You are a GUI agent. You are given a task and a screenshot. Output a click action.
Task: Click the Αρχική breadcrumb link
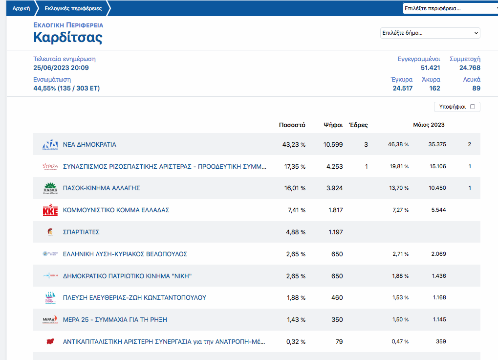pyautogui.click(x=21, y=8)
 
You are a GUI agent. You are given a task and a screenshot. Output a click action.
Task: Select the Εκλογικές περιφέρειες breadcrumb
pyautogui.click(x=72, y=8)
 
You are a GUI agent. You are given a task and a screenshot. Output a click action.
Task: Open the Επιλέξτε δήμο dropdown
pyautogui.click(x=430, y=33)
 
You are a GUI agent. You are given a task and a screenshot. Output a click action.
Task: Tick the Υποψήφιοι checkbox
pyautogui.click(x=473, y=107)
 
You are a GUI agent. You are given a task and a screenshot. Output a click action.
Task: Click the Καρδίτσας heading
pyautogui.click(x=68, y=37)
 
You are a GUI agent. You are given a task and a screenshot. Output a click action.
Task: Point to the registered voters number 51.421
pyautogui.click(x=430, y=68)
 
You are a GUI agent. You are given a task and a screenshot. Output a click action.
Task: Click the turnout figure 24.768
pyautogui.click(x=470, y=68)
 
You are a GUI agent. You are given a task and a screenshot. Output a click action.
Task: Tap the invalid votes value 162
pyautogui.click(x=434, y=89)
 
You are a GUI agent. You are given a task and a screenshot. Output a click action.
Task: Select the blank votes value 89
pyautogui.click(x=476, y=89)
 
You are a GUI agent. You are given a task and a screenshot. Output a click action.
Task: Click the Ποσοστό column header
pyautogui.click(x=292, y=125)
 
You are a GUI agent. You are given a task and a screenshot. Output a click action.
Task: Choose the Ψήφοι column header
pyautogui.click(x=333, y=125)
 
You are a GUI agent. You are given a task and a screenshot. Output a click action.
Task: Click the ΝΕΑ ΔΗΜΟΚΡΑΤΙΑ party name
pyautogui.click(x=89, y=145)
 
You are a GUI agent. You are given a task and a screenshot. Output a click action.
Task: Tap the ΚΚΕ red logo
pyautogui.click(x=50, y=210)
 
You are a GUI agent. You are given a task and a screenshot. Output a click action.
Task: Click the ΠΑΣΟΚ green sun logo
pyautogui.click(x=50, y=188)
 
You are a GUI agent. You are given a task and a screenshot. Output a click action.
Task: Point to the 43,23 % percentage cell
pyautogui.click(x=295, y=145)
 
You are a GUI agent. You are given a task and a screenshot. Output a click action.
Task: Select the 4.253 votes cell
pyautogui.click(x=335, y=167)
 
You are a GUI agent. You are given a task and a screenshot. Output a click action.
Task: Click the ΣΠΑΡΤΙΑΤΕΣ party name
pyautogui.click(x=81, y=232)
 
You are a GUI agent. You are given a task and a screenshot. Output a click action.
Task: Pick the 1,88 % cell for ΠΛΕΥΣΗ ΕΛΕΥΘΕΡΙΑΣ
pyautogui.click(x=295, y=297)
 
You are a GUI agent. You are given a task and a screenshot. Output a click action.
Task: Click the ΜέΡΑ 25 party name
pyautogui.click(x=115, y=319)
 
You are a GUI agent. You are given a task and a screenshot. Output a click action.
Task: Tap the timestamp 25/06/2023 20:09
pyautogui.click(x=61, y=68)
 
